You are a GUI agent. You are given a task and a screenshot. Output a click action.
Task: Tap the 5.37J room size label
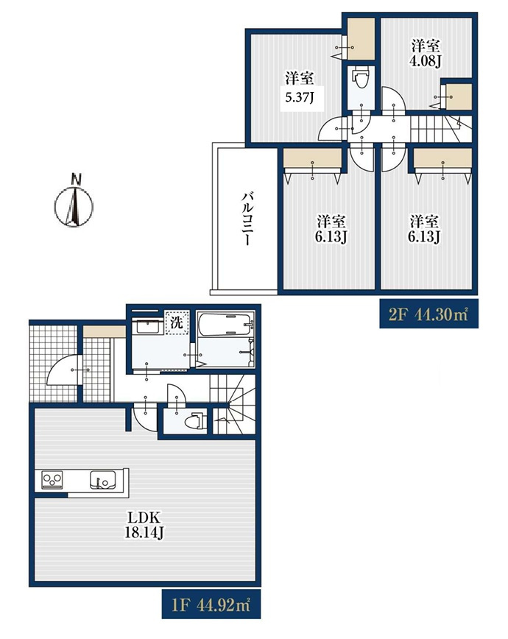300,97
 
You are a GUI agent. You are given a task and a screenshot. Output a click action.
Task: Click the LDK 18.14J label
144,526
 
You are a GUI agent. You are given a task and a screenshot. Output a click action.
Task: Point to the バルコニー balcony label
247,219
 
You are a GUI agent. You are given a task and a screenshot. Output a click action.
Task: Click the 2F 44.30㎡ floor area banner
428,314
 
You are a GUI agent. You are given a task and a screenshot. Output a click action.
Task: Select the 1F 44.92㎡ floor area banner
211,604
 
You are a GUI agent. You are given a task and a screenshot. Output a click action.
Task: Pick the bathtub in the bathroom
225,325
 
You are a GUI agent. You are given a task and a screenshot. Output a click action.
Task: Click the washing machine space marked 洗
177,322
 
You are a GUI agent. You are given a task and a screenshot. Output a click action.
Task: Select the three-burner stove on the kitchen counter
52,479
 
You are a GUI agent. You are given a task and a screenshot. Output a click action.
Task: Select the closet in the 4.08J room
459,97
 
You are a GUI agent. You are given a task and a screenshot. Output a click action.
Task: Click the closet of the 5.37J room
361,40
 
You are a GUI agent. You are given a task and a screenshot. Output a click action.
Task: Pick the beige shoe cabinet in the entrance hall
105,332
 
